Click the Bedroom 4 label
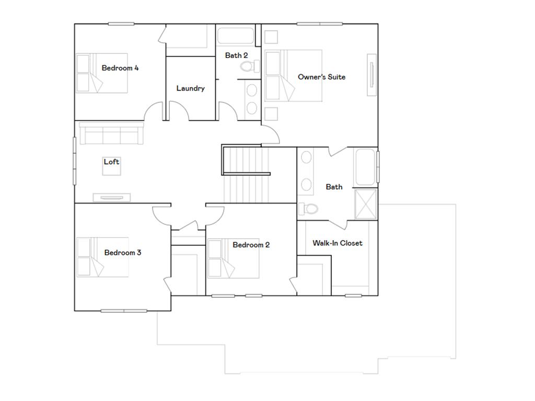120,68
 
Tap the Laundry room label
190,88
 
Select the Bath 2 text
236,55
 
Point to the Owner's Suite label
321,77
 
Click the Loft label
111,162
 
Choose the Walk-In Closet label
337,243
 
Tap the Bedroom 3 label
122,253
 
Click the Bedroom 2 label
251,245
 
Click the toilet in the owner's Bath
309,209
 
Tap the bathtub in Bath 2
235,36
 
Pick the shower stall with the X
365,204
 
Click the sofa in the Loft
111,135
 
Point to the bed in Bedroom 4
102,73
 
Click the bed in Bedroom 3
102,257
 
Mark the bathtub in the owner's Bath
365,167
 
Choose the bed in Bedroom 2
233,258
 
